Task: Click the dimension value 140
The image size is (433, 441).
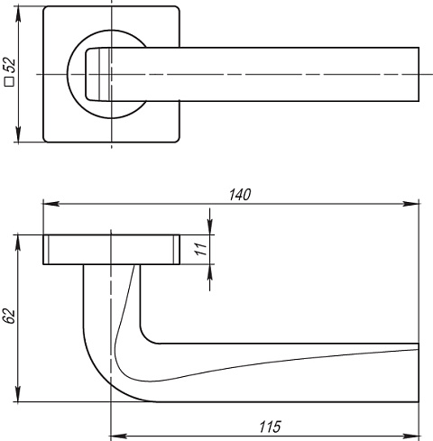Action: click(240, 195)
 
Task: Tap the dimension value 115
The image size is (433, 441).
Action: click(270, 427)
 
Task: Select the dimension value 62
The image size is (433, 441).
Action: click(9, 316)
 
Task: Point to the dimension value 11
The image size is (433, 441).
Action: click(200, 249)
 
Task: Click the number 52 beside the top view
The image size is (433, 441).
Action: click(11, 65)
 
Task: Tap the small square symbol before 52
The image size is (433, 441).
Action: click(9, 82)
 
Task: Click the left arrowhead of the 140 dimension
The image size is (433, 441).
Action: click(51, 204)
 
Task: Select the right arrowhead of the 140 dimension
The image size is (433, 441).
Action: click(410, 204)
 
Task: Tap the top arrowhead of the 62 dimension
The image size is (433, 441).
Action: click(18, 243)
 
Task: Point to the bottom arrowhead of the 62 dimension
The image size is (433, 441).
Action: click(18, 393)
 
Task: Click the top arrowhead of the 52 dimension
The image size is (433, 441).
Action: click(18, 14)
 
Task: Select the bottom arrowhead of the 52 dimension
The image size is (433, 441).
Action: click(18, 134)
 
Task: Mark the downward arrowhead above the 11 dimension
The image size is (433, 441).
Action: click(210, 226)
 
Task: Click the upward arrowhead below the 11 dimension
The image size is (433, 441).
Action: click(210, 272)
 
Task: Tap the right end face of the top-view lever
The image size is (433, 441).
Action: click(419, 74)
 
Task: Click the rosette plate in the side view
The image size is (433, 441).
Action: click(112, 250)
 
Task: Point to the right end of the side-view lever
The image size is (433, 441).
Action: click(419, 372)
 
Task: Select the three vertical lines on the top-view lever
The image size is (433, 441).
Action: click(104, 74)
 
